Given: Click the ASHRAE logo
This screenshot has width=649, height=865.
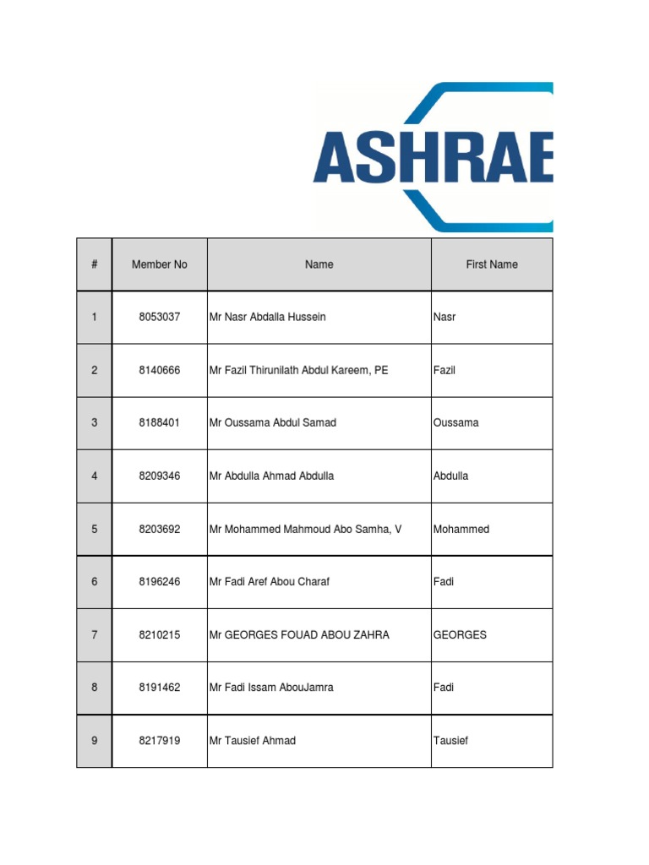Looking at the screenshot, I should point(434,157).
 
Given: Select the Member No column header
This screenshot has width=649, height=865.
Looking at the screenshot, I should point(160,264).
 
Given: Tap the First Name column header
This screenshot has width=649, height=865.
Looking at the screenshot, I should point(492,264).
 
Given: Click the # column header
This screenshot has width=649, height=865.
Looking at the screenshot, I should point(95,264).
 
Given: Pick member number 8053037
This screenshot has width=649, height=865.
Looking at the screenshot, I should point(160,317).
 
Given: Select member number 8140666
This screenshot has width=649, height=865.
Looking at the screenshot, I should point(160,370).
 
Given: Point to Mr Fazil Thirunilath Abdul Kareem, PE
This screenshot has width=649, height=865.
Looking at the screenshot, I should point(299,370).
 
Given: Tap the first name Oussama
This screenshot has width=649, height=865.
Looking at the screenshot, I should point(456,422).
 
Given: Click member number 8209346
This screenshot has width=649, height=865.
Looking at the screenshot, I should point(160,476).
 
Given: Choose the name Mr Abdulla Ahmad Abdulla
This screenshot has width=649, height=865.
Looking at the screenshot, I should point(271,476).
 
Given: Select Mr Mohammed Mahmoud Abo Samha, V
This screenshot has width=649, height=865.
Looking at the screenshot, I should point(305,529).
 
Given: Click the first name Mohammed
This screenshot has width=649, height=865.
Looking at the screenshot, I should point(461,529).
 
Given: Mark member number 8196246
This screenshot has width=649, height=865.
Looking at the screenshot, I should point(160,581).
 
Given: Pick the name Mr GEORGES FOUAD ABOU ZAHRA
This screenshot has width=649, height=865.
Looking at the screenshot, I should point(299,634).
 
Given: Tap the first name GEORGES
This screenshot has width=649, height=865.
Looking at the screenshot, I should point(460,634).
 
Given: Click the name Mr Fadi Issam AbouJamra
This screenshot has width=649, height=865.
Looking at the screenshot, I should point(271,688).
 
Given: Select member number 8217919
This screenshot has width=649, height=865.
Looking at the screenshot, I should point(160,741).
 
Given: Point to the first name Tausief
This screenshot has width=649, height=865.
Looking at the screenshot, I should point(450,741).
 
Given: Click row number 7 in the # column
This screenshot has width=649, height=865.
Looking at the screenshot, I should point(95,634).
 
